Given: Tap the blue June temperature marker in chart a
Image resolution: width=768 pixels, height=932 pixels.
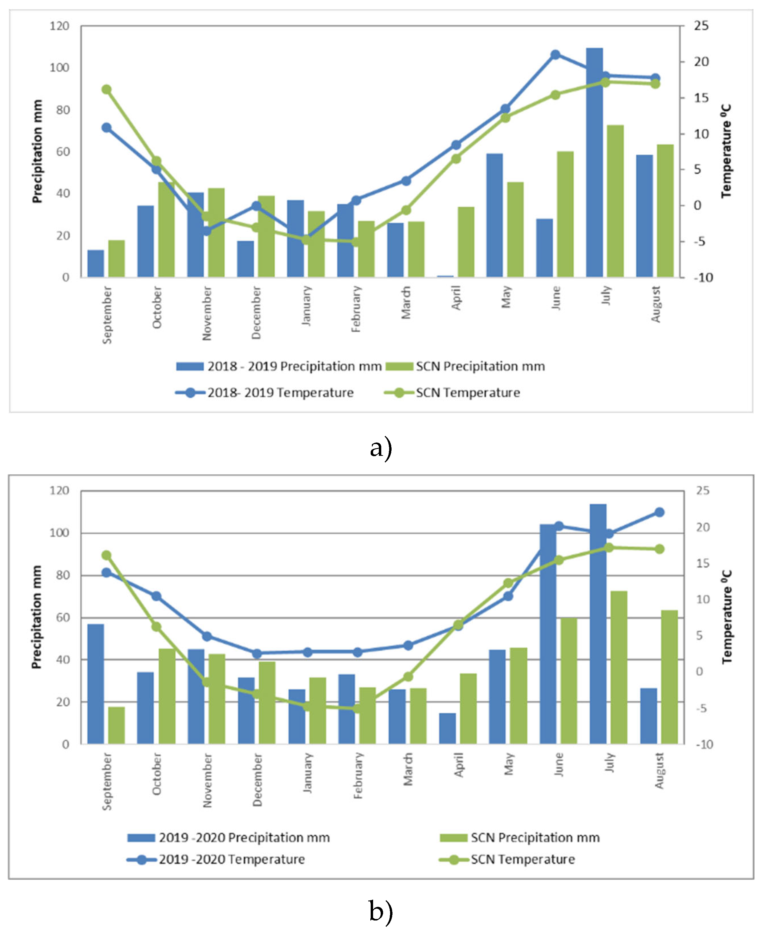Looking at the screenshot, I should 555,55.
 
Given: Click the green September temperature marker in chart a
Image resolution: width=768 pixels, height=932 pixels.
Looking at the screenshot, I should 107,89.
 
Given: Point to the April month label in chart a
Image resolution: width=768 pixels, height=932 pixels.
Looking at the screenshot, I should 456,298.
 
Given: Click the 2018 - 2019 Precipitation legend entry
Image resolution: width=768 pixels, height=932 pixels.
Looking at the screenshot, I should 279,366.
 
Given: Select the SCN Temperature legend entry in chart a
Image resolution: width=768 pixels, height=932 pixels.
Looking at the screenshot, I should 452,393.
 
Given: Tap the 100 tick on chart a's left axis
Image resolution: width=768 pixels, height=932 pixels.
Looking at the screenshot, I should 59,68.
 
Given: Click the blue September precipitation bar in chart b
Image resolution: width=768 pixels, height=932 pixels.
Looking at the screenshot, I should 96,684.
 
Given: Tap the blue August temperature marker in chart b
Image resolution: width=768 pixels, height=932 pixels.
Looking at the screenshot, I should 659,512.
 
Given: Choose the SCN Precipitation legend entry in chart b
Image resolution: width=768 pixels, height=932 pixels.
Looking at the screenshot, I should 520,838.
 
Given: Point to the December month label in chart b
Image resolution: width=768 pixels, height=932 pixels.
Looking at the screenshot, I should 257,780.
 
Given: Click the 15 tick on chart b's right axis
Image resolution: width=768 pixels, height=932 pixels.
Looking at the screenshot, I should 703,563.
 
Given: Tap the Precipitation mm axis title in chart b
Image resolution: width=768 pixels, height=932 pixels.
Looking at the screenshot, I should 36,617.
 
